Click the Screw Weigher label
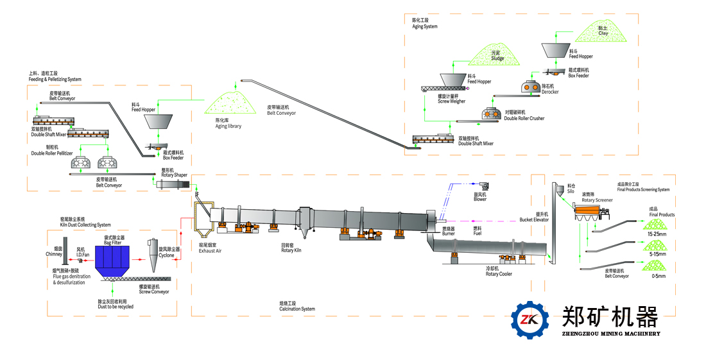tap(451, 99)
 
